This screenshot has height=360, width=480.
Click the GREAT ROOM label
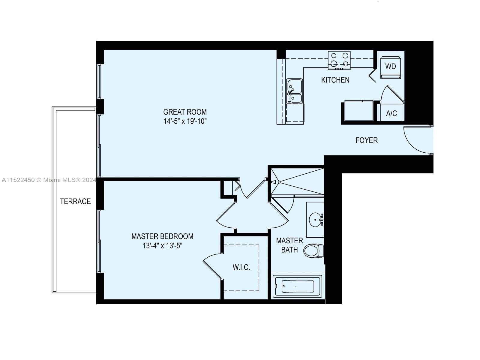tap(185, 112)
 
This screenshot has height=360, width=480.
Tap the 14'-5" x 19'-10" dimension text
tap(185, 121)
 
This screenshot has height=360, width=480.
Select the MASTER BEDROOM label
tap(162, 236)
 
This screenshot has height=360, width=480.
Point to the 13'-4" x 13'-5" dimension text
tap(162, 246)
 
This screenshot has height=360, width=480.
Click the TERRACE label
tap(75, 201)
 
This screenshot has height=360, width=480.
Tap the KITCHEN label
tap(335, 80)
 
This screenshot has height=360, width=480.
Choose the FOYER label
tap(366, 140)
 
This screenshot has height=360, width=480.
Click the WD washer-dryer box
tap(390, 67)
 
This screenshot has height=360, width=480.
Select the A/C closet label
tap(391, 114)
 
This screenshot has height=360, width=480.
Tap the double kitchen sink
tap(294, 91)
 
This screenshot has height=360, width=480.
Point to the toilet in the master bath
tap(313, 250)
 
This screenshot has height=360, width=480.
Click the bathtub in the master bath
tap(297, 286)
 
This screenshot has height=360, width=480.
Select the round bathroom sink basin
tap(315, 220)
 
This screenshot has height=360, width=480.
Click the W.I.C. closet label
tap(241, 267)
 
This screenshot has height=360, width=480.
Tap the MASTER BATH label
tap(289, 245)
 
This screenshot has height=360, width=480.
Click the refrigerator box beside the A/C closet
tap(358, 111)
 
